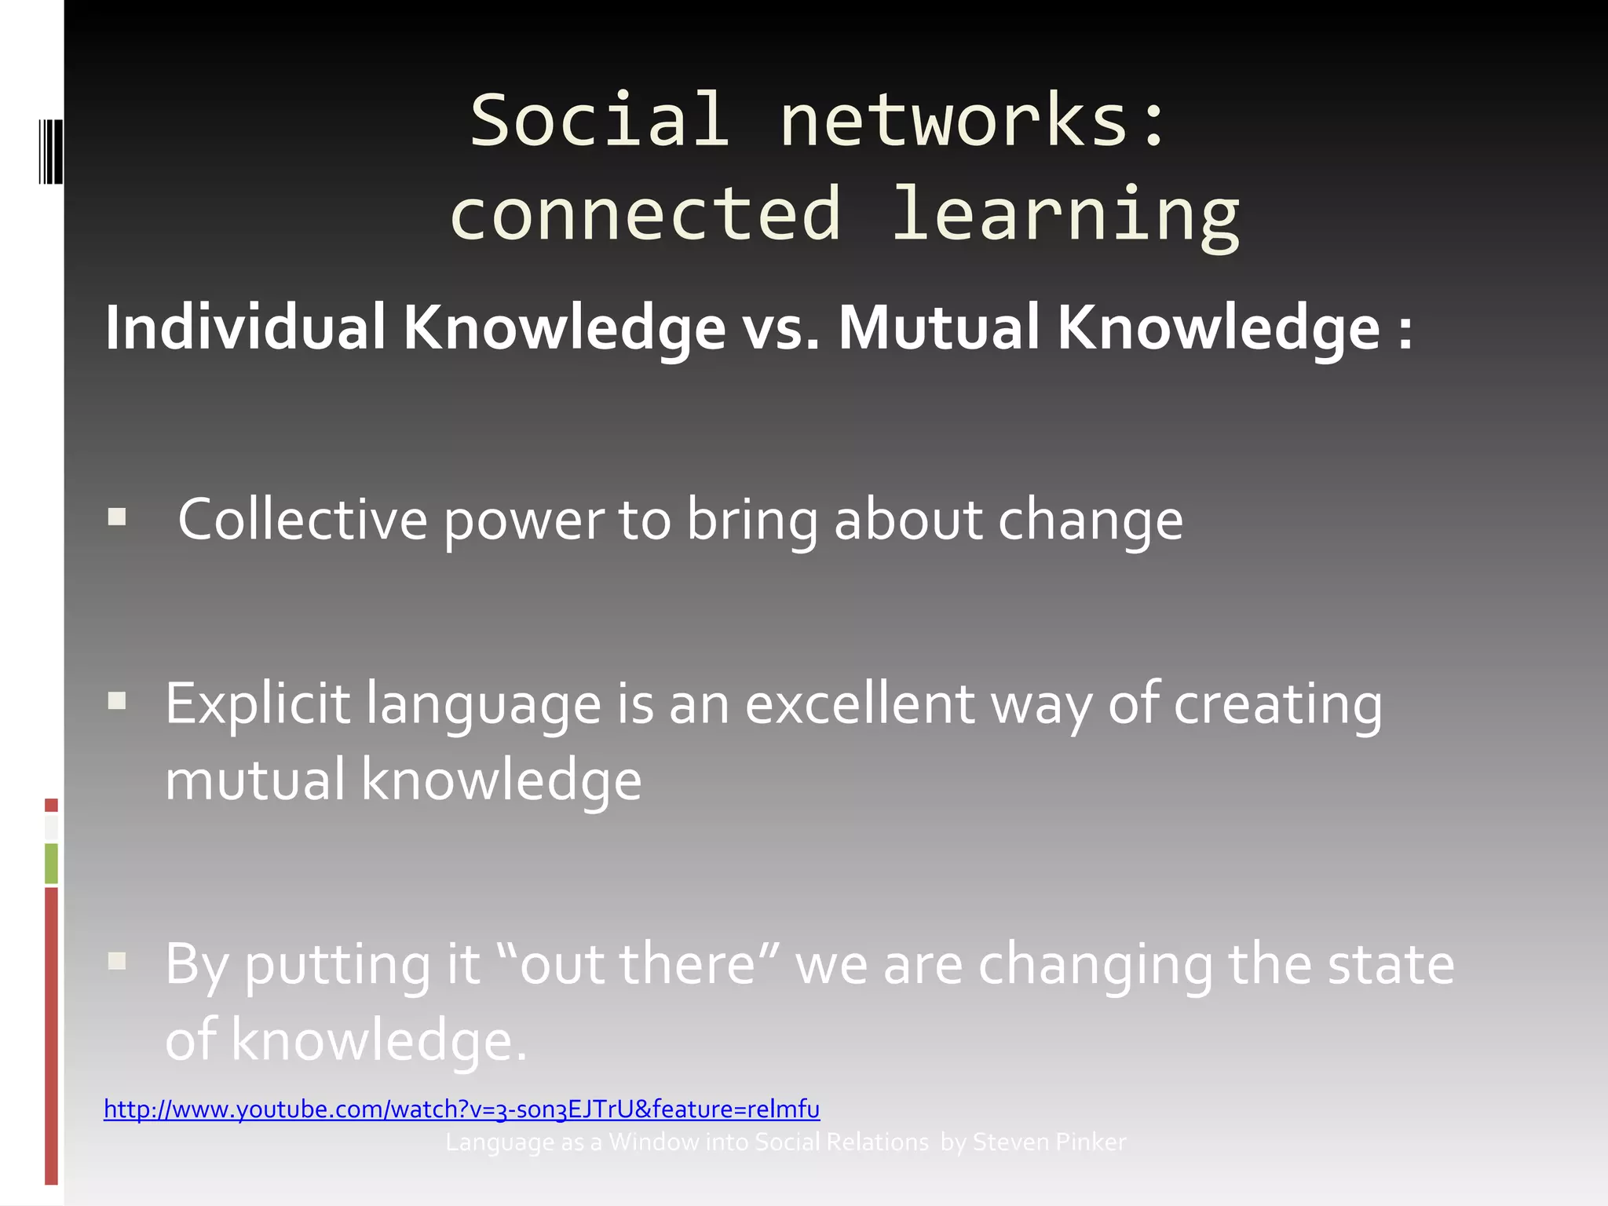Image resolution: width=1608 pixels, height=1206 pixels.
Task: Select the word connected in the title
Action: [645, 214]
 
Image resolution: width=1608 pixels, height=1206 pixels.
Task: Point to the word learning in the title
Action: [1065, 214]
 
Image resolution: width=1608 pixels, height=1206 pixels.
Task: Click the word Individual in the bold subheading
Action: [245, 327]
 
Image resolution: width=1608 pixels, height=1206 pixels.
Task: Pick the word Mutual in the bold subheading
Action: [939, 327]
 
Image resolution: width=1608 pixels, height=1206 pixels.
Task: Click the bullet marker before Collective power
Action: [117, 517]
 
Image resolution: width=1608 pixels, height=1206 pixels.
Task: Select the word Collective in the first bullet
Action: [302, 519]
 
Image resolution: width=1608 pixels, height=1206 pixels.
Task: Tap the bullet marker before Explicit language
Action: [117, 700]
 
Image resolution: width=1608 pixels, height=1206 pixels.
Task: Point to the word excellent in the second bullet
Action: [859, 703]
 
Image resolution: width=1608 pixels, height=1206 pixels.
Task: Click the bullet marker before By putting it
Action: [117, 961]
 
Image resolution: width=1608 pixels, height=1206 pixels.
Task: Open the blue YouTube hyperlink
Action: [462, 1109]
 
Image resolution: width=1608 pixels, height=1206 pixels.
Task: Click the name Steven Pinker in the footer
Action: [1049, 1142]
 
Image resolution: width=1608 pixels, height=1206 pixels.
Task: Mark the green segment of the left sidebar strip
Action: [51, 863]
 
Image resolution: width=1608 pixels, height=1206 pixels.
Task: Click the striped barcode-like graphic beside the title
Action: [49, 151]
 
